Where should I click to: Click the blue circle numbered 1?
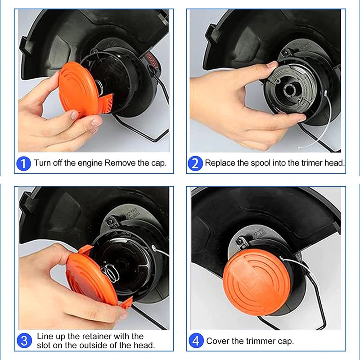pyautogui.click(x=24, y=163)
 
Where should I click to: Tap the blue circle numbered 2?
pyautogui.click(x=195, y=163)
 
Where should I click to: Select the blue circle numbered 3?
pyautogui.click(x=24, y=341)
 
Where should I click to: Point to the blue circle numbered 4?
pyautogui.click(x=196, y=341)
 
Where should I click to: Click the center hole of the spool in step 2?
pyautogui.click(x=290, y=90)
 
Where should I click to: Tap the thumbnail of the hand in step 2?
pyautogui.click(x=272, y=64)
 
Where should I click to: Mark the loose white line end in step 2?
pyautogui.click(x=299, y=147)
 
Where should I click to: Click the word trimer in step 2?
pyautogui.click(x=312, y=163)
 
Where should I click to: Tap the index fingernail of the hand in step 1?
pyautogui.click(x=74, y=115)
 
